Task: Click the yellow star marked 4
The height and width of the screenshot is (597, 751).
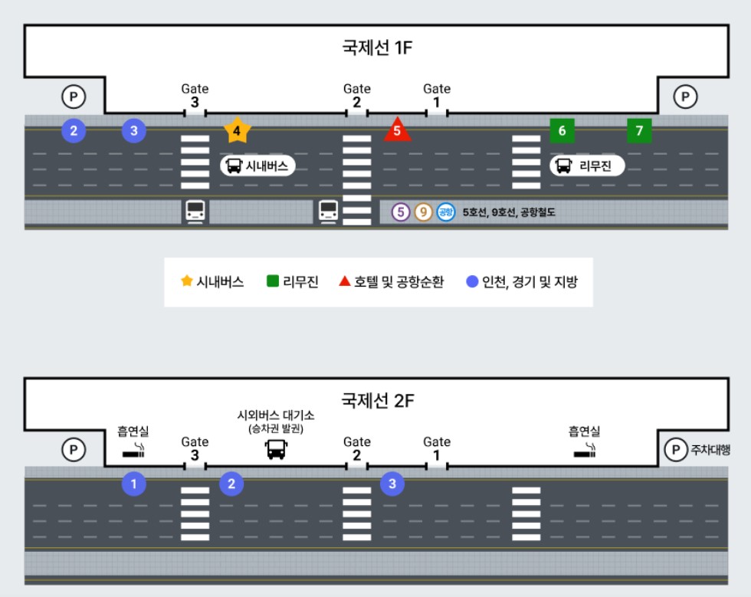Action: [x=237, y=131]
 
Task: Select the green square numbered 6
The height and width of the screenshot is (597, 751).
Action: [x=562, y=130]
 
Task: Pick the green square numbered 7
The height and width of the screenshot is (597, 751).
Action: [x=639, y=130]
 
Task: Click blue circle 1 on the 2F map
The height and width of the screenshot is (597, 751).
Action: [x=134, y=484]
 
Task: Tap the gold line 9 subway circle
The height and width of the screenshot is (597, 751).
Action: [x=423, y=212]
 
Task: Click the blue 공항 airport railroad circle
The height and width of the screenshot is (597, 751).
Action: [x=446, y=212]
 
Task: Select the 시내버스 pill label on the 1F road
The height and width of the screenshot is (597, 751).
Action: [x=258, y=166]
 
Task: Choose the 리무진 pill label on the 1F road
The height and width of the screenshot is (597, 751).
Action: [x=587, y=166]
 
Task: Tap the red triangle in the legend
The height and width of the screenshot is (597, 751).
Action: [x=345, y=281]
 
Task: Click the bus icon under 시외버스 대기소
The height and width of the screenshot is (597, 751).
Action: [x=276, y=449]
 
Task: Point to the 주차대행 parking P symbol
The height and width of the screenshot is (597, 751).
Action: [x=674, y=450]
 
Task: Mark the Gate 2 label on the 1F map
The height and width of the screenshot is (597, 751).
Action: [x=356, y=96]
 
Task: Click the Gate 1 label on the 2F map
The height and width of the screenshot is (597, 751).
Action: [x=437, y=448]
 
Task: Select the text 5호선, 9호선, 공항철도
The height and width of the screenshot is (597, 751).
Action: [x=509, y=213]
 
